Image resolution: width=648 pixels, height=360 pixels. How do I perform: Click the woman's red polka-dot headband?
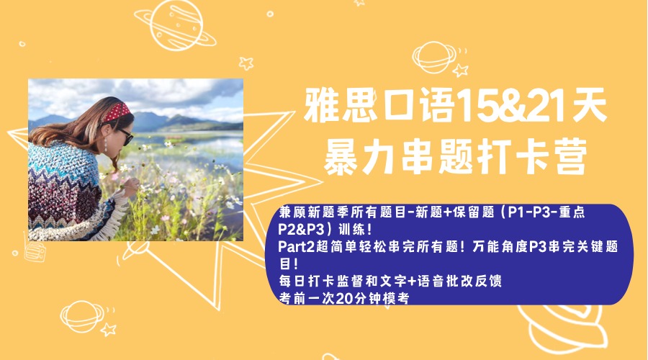(117, 112)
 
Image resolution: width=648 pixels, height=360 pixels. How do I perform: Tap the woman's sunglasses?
(126, 135)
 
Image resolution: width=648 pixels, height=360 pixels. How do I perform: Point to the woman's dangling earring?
(106, 144)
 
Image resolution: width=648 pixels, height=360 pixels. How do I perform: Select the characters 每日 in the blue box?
(292, 281)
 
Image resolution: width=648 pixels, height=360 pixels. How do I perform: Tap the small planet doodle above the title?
(434, 57)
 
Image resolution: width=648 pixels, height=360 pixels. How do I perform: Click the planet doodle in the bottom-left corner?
(82, 317)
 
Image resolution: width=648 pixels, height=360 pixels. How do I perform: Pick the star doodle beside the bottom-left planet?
(109, 330)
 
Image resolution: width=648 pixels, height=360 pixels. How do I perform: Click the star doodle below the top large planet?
(246, 63)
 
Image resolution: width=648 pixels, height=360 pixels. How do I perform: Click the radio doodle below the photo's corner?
(35, 251)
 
